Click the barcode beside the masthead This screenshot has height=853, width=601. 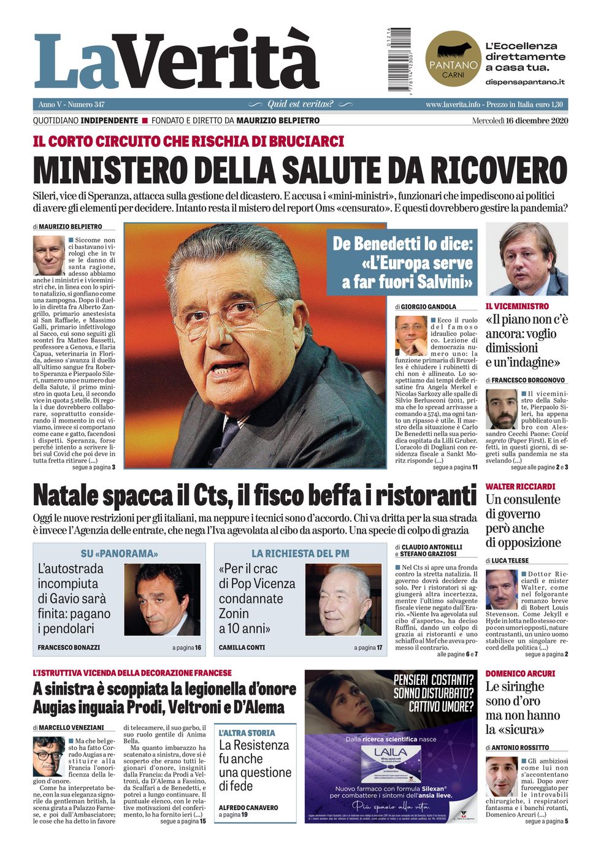(x=399, y=59)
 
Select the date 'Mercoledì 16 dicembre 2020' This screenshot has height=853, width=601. (x=520, y=120)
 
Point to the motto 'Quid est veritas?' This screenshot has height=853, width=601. (x=300, y=104)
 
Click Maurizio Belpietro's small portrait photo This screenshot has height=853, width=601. (x=49, y=256)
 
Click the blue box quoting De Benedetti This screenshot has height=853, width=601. (x=402, y=263)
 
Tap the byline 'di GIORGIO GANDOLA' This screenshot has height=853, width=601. (x=426, y=306)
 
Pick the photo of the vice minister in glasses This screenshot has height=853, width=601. (x=526, y=259)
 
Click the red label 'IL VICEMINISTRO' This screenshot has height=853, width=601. (x=517, y=306)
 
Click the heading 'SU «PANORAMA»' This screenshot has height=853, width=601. (x=119, y=553)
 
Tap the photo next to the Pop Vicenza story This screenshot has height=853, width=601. (x=343, y=600)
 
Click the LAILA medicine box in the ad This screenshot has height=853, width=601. (x=391, y=763)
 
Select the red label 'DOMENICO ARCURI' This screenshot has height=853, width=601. (x=520, y=673)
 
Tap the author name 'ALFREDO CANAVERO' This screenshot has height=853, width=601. (x=248, y=808)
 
